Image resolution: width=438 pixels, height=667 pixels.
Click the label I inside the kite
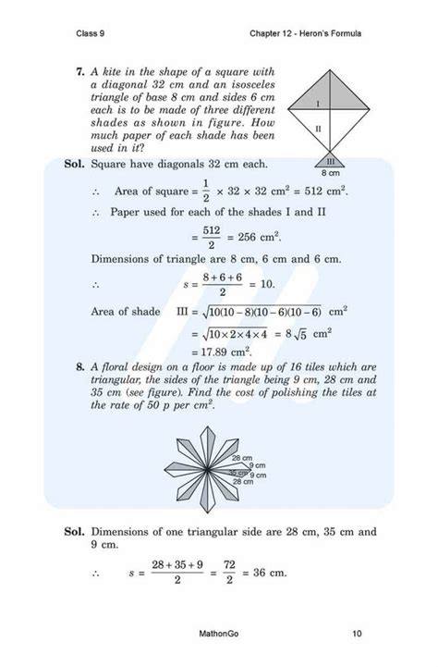tap(317, 104)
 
